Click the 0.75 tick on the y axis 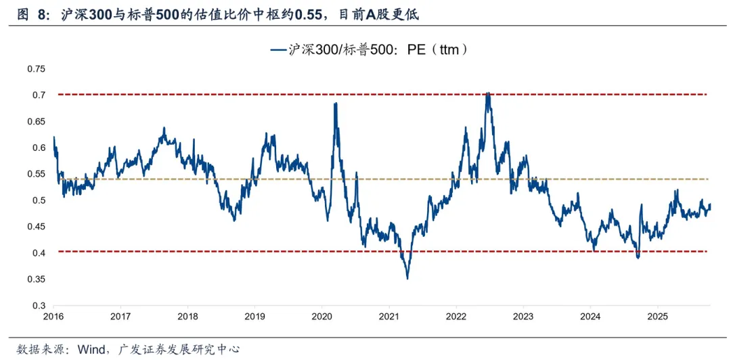(x=37, y=69)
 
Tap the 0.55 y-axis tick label (x=37, y=174)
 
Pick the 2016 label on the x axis (x=53, y=316)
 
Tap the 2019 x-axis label (x=254, y=316)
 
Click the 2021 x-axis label (x=389, y=316)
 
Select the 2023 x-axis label (x=523, y=316)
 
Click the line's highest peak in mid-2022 (x=488, y=93)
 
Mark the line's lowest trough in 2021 (x=407, y=278)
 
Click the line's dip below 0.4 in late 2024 (x=637, y=257)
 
